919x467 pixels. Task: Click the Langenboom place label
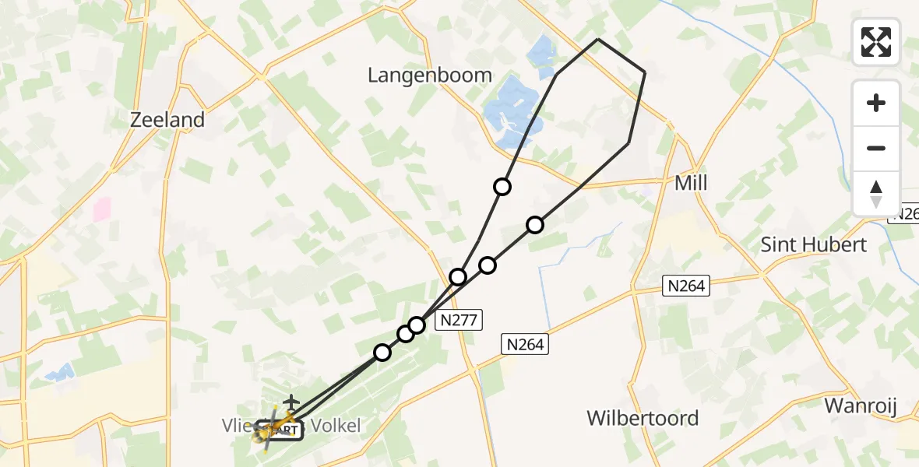coord(430,75)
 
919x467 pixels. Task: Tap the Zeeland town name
coord(167,120)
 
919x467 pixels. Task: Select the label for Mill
coord(691,184)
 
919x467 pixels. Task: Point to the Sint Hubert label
coord(813,244)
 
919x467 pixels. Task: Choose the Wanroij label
coord(861,406)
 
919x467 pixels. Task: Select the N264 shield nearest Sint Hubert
coord(685,286)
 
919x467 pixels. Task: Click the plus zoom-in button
coord(876,103)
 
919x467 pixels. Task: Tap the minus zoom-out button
coord(876,148)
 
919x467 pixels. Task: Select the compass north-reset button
coord(876,193)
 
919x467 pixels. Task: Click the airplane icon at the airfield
coord(291,402)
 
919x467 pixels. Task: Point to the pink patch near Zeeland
coord(102,209)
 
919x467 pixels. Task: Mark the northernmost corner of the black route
coord(597,39)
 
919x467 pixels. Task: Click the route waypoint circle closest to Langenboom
coord(502,187)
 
